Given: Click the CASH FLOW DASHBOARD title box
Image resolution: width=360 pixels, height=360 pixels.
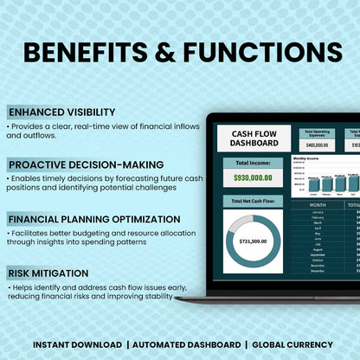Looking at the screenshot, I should click(x=254, y=138).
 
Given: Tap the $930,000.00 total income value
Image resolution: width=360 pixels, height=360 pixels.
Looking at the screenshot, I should click(x=254, y=177).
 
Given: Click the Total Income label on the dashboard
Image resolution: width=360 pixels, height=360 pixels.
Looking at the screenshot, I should click(x=254, y=163).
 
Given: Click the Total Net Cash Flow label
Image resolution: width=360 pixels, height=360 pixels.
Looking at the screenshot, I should click(x=254, y=201).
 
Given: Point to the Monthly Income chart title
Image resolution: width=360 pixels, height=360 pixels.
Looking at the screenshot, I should click(x=307, y=159).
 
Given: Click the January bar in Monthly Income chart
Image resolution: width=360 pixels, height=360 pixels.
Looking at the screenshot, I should click(x=313, y=184).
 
